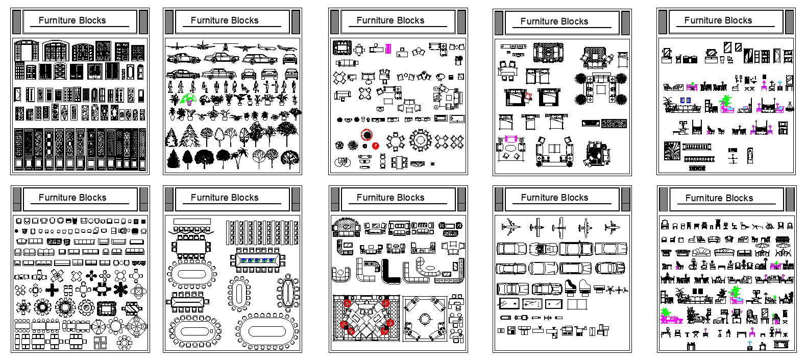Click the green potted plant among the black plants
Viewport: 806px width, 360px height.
tap(188, 99)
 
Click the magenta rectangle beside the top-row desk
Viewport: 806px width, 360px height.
tap(388, 49)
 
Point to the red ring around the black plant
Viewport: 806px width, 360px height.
tap(367, 135)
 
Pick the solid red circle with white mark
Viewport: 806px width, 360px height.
tap(376, 146)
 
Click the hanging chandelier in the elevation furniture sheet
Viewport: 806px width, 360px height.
tap(790, 106)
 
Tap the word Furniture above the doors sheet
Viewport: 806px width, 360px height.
tap(57, 20)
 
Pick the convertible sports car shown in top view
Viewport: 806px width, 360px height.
tap(542, 249)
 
